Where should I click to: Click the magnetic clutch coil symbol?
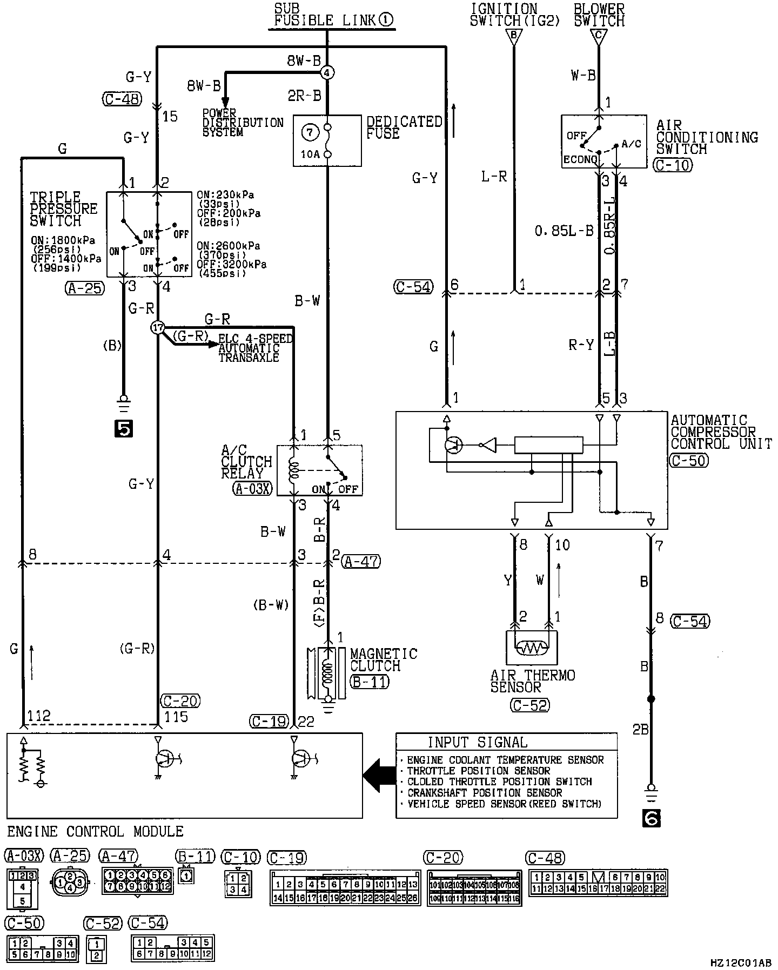click(x=326, y=673)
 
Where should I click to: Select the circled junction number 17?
click(x=157, y=327)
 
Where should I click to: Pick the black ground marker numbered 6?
click(x=652, y=819)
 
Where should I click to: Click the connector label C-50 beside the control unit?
click(x=688, y=460)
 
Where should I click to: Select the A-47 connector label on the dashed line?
click(x=361, y=562)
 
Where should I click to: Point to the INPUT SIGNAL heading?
click(x=478, y=742)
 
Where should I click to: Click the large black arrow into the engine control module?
click(x=379, y=775)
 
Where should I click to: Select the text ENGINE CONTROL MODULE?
click(x=95, y=831)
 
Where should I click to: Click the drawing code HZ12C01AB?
click(x=741, y=962)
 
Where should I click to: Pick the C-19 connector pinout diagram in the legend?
click(x=345, y=887)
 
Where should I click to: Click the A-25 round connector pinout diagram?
click(x=69, y=883)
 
